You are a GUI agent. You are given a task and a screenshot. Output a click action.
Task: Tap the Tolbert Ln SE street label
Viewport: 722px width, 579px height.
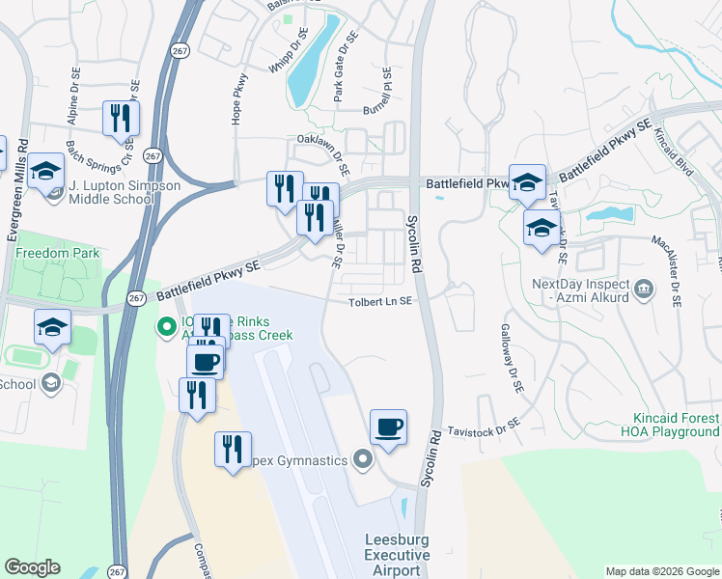[380, 302]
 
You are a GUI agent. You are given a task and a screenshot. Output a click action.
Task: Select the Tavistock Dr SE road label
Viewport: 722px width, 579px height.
[483, 424]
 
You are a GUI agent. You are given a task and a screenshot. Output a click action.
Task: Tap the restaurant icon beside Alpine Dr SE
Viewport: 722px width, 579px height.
[121, 118]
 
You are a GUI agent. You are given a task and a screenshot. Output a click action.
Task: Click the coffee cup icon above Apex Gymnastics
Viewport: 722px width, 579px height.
[388, 427]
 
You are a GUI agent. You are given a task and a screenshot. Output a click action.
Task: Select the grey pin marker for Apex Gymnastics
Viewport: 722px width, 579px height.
[363, 460]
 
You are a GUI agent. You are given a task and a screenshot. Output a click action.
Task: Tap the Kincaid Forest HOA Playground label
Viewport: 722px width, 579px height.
[676, 425]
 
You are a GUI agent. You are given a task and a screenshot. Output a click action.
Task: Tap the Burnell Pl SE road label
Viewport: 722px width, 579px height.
[387, 89]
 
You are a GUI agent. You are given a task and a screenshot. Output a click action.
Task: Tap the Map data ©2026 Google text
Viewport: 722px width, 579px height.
[661, 571]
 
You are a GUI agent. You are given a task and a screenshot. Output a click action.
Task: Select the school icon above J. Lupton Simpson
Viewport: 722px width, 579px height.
[45, 170]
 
